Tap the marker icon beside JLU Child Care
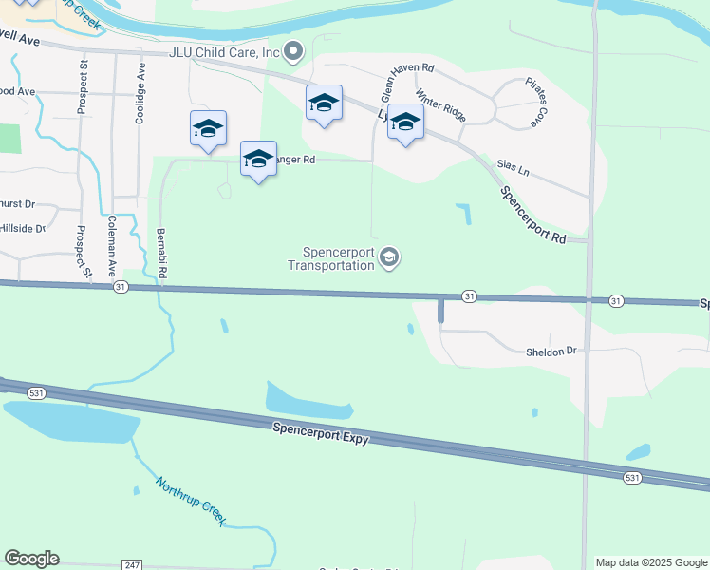[294, 50]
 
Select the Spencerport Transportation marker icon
[388, 256]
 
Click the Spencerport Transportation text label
[338, 258]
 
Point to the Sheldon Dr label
[551, 351]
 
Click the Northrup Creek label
[191, 501]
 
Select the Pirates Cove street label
[532, 104]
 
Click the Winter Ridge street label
[439, 105]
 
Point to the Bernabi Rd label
[162, 252]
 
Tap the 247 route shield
[132, 564]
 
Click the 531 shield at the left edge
[36, 391]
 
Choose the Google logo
[31, 559]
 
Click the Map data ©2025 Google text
[650, 562]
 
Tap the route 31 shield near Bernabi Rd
[120, 286]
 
